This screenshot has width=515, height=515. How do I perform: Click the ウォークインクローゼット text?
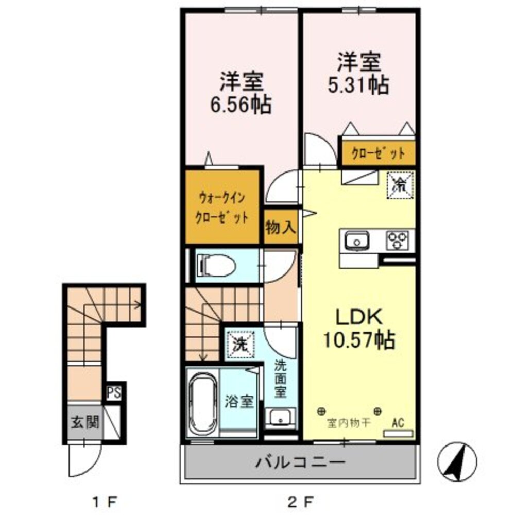pyautogui.click(x=221, y=206)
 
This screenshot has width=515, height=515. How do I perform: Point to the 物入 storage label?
pyautogui.click(x=280, y=227)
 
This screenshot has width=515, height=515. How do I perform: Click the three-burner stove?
pyautogui.click(x=398, y=241)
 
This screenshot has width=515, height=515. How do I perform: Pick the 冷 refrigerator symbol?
pyautogui.click(x=400, y=183)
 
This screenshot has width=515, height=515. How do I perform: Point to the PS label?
pyautogui.click(x=113, y=393)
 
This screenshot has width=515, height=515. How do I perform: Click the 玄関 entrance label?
pyautogui.click(x=85, y=423)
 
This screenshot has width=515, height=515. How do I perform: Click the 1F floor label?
pyautogui.click(x=105, y=500)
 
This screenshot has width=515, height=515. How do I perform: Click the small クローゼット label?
pyautogui.click(x=378, y=152)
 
